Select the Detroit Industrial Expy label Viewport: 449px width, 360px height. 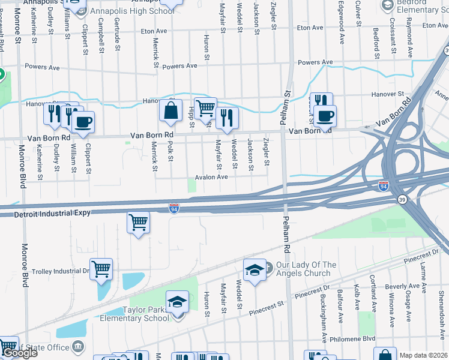coord(45,213)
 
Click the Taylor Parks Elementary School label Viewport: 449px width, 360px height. coord(146,314)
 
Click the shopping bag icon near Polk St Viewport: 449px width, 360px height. coord(171,110)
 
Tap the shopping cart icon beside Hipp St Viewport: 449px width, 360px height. coord(205,107)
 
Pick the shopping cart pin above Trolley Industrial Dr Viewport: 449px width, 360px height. coord(138,223)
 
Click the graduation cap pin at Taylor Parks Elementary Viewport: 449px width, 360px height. coord(177,301)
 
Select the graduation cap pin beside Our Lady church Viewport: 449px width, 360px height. coord(255,269)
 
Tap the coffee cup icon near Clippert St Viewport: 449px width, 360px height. coord(83,122)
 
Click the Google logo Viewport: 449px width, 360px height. coord(19,353)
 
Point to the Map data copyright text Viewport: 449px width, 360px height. coord(423,355)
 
